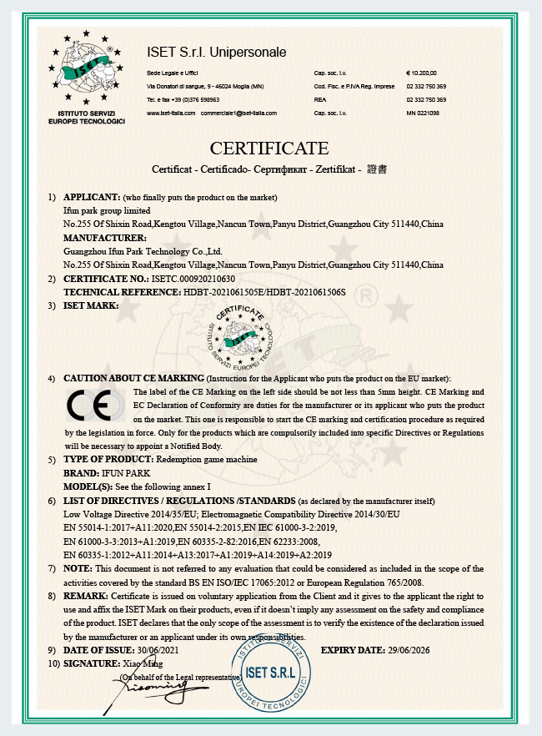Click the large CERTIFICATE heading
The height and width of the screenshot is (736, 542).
click(269, 149)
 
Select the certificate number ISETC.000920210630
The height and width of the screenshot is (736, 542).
click(193, 279)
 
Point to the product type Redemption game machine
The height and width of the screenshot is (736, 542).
click(207, 460)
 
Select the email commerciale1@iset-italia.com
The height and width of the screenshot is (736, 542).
click(238, 113)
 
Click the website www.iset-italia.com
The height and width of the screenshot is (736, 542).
click(171, 113)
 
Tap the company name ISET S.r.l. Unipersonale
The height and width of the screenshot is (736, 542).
click(216, 53)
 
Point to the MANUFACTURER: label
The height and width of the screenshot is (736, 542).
click(99, 238)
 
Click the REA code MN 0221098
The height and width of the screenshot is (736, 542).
click(422, 113)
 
